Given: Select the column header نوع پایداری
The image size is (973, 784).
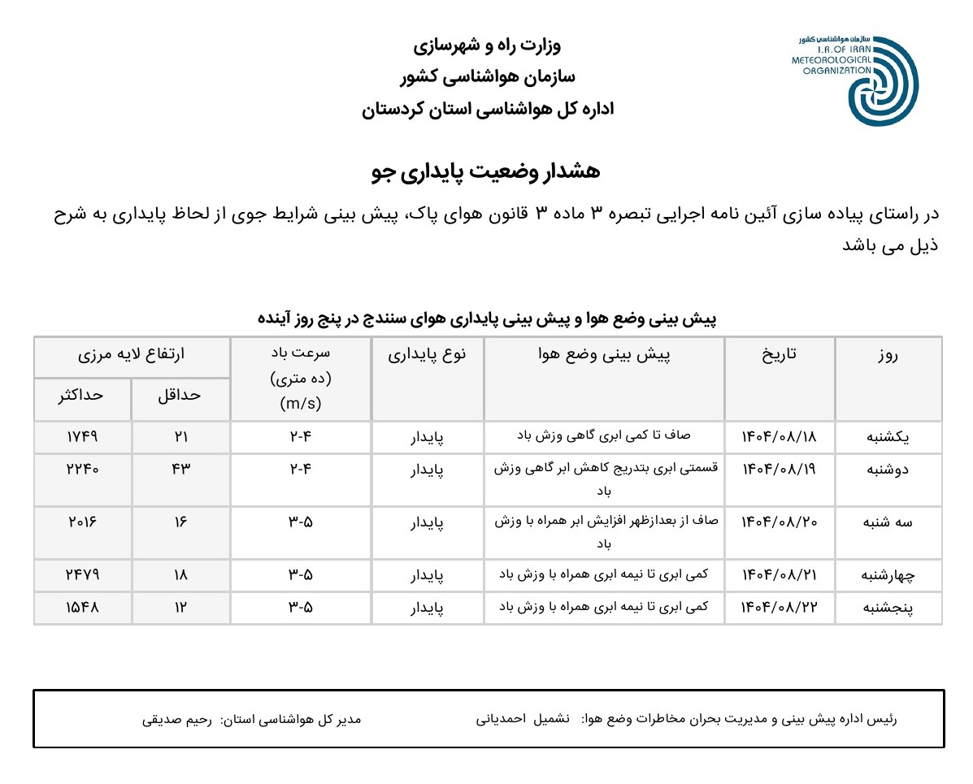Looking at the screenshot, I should click(x=428, y=355).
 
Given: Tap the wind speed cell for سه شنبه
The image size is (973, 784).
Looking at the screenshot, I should click(x=301, y=522).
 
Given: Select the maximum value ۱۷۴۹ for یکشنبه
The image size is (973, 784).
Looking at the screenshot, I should click(x=82, y=437).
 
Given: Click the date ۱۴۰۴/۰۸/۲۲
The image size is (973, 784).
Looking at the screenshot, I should click(x=779, y=607).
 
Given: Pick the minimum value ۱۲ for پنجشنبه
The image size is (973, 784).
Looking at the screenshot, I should click(x=180, y=607).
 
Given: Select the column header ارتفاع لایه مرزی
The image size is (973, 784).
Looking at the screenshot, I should click(x=132, y=355).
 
